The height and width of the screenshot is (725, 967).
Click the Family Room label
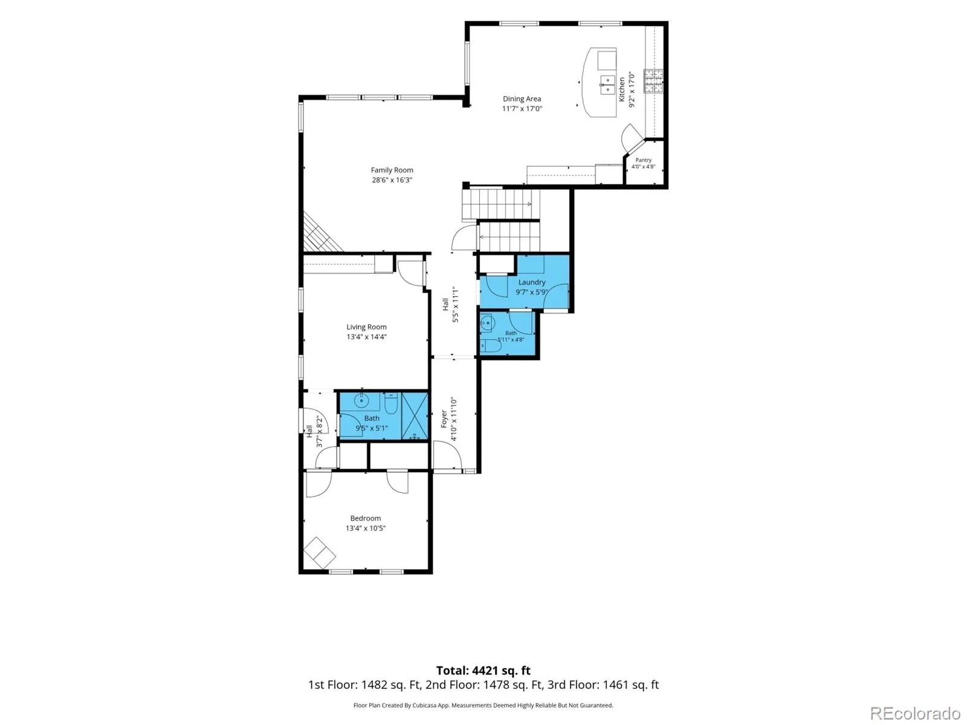(392, 170)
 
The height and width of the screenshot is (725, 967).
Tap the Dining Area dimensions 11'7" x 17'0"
(522, 109)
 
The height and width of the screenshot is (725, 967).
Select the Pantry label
(643, 160)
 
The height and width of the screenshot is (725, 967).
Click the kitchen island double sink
(607, 85)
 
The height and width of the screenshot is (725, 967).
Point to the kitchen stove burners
(653, 81)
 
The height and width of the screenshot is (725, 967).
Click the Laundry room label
(532, 282)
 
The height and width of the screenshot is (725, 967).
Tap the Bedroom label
(365, 518)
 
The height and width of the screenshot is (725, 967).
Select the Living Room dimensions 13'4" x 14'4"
(366, 337)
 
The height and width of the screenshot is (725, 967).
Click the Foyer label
(444, 418)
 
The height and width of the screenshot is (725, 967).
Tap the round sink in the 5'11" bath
(487, 323)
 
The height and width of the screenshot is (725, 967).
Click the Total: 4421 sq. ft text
(483, 671)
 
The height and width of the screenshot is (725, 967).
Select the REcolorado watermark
(915, 713)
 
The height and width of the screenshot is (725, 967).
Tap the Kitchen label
(622, 89)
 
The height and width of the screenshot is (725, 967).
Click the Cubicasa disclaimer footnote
(483, 705)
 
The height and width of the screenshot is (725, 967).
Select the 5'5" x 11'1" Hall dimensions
(456, 305)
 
